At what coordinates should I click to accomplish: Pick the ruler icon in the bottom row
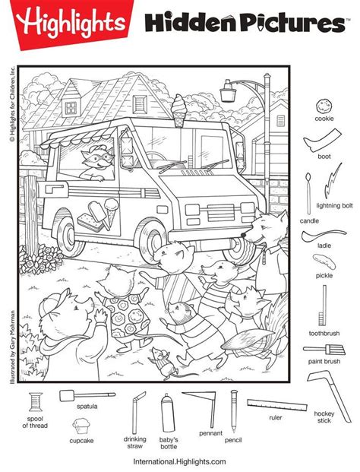(276, 404)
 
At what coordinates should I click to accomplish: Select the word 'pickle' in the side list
(324, 277)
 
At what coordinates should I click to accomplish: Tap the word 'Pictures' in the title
(286, 24)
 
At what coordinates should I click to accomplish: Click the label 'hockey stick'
(324, 417)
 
